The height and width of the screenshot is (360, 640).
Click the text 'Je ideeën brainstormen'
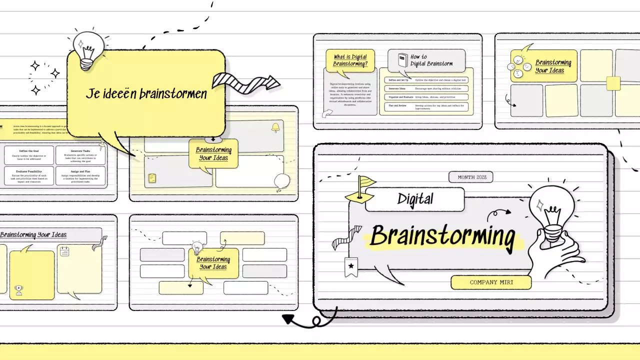pyautogui.click(x=145, y=94)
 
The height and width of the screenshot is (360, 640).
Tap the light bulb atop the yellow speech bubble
pyautogui.click(x=88, y=49)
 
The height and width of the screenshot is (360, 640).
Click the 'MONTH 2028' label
pyautogui.click(x=470, y=177)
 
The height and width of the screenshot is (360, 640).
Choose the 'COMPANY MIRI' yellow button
pyautogui.click(x=491, y=282)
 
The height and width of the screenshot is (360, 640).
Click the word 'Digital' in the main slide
pyautogui.click(x=415, y=199)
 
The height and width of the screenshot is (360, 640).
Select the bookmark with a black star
pyautogui.click(x=351, y=266)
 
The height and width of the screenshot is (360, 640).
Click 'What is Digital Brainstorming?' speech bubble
pyautogui.click(x=350, y=60)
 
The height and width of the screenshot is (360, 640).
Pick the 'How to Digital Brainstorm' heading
pyautogui.click(x=431, y=60)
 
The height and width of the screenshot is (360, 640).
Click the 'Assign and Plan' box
pyautogui.click(x=80, y=176)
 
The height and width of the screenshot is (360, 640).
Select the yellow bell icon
pyautogui.click(x=275, y=128)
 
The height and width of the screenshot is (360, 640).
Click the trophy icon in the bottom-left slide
pyautogui.click(x=19, y=289)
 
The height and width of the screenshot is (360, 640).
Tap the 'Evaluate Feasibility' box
pyautogui.click(x=29, y=176)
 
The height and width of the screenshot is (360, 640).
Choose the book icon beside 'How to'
pyautogui.click(x=402, y=60)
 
